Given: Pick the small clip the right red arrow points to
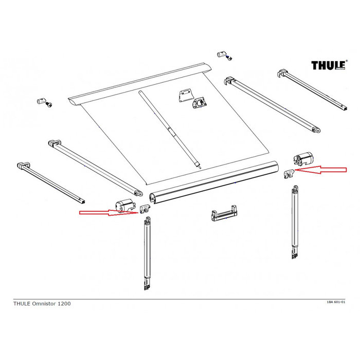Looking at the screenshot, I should [x=290, y=173].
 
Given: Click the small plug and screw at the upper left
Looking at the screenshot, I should [x=43, y=102].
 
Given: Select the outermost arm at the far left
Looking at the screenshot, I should [x=49, y=181].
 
